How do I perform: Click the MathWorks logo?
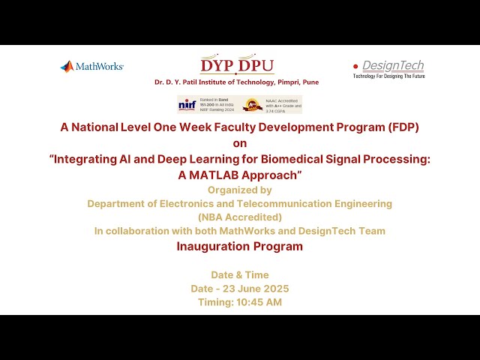(91, 67)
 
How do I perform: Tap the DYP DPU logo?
(236, 65)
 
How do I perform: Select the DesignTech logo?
(388, 69)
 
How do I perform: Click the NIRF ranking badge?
(206, 104)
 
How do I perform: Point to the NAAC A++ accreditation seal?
(253, 104)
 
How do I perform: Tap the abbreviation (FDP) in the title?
(400, 127)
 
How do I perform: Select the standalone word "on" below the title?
(239, 142)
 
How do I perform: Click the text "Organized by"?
(239, 190)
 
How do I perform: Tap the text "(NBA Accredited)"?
(239, 217)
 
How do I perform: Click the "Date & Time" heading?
(239, 275)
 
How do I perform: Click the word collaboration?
(140, 231)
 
